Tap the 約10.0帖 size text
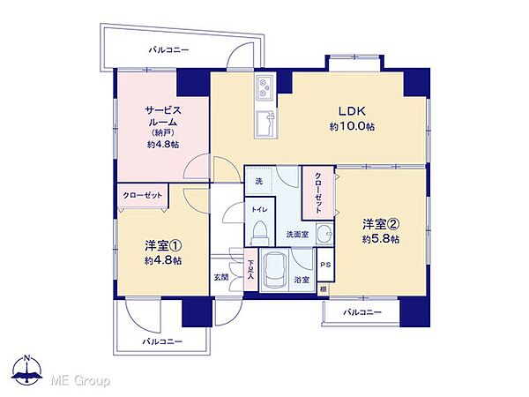click(x=351, y=126)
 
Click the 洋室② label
click(x=380, y=224)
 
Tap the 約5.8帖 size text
click(x=380, y=239)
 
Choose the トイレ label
click(x=259, y=210)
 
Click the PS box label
click(x=324, y=265)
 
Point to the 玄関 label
click(x=220, y=278)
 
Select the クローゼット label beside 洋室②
click(x=317, y=191)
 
